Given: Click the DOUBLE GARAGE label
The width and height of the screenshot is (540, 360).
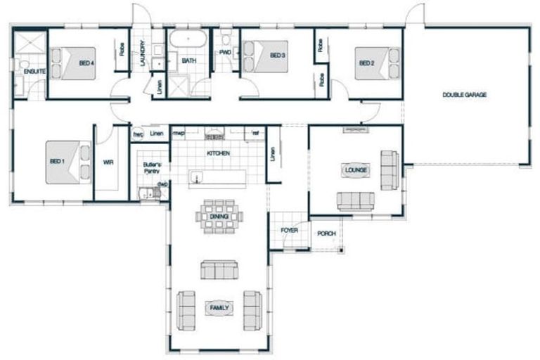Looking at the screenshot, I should click(464, 95).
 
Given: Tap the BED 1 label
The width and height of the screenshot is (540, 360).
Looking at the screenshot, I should click(57, 162).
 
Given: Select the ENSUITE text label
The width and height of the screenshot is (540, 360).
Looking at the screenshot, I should click(34, 72).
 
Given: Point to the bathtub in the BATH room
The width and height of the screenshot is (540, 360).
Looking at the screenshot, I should click(188, 39).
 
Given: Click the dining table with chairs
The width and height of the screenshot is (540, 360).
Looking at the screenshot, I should click(218, 211).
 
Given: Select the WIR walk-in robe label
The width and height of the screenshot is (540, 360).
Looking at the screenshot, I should click(108, 162).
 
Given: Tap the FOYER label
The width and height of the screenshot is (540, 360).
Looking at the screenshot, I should click(289, 230).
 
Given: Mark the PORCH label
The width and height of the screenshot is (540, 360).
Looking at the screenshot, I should click(326, 233).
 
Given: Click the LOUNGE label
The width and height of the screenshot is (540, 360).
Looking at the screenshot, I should click(354, 169).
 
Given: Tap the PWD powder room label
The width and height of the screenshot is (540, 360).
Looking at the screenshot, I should click(225, 52).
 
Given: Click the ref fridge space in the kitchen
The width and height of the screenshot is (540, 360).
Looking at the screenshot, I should click(255, 132).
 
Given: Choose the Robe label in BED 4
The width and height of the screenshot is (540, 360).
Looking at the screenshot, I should click(122, 48).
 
